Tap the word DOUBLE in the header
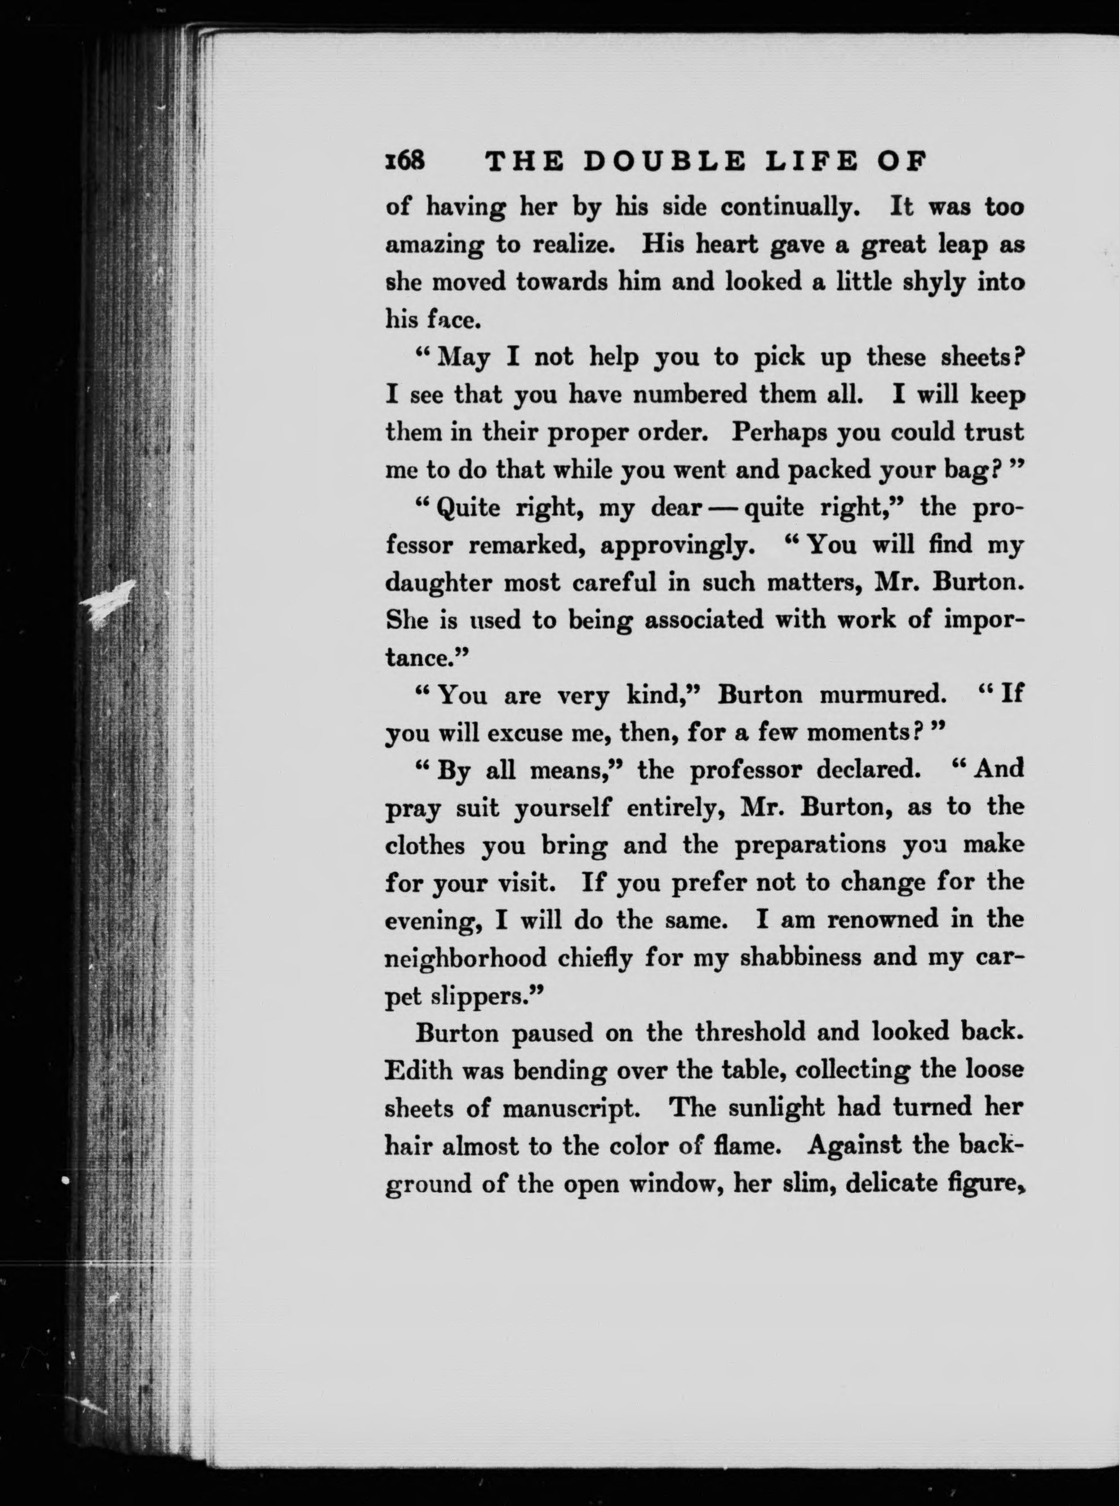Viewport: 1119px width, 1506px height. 664,162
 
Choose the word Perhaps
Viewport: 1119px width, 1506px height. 775,432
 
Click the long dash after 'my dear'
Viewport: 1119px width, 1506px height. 722,508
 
